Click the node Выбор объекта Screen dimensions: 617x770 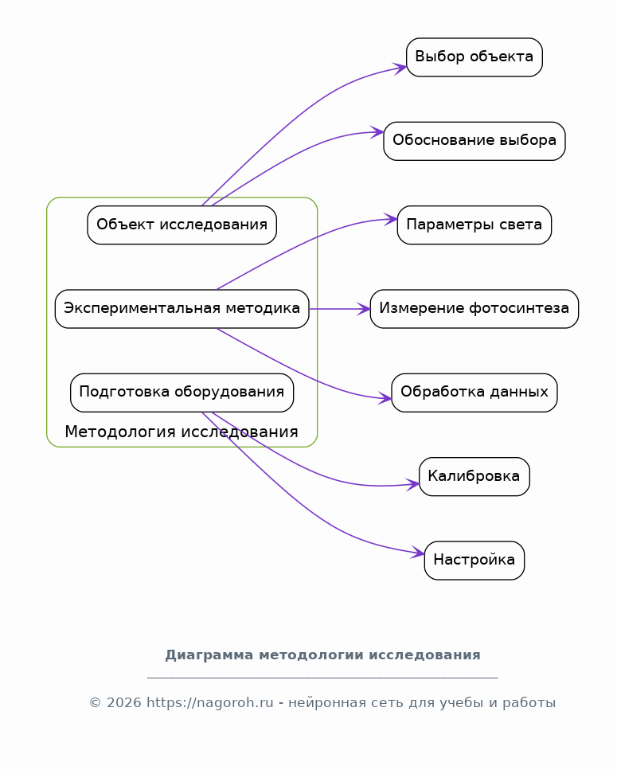click(474, 57)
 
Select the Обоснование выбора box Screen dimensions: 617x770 click(474, 141)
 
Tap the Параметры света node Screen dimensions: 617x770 click(474, 225)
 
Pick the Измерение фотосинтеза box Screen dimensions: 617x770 click(474, 309)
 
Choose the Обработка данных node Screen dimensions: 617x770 click(474, 393)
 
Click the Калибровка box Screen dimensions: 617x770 click(474, 477)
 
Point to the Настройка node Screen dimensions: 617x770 click(474, 561)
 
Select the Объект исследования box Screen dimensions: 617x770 click(182, 225)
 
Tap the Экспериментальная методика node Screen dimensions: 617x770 click(182, 309)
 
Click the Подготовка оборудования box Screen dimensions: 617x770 click(182, 393)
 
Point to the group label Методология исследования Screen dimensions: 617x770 click(182, 432)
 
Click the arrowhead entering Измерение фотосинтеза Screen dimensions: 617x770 click(364, 309)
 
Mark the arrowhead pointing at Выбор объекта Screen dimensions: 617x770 click(400, 67)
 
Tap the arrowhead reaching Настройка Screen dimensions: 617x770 click(418, 553)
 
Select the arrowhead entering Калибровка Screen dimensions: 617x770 click(412, 483)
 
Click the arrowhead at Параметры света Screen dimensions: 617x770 click(391, 220)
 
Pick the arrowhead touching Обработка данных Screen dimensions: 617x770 click(385, 398)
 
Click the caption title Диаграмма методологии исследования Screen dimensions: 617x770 click(322, 655)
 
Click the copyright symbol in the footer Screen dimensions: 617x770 click(96, 703)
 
